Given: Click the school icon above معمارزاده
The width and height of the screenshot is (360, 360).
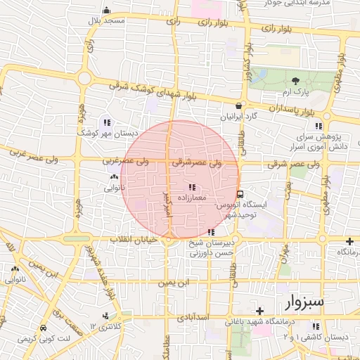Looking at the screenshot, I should [192, 187].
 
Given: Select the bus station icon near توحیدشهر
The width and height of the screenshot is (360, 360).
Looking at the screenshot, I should [240, 194].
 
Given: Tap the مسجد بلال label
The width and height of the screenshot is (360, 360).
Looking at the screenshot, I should [105, 21].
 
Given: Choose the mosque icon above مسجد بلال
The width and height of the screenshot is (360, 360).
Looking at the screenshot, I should [106, 10].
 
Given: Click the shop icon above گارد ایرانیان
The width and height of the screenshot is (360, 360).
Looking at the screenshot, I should [238, 105].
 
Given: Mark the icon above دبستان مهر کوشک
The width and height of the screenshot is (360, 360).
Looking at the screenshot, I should [107, 121].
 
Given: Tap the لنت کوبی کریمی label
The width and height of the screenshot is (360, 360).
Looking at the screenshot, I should [45, 339].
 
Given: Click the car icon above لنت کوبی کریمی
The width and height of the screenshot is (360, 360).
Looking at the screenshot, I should [44, 328].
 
